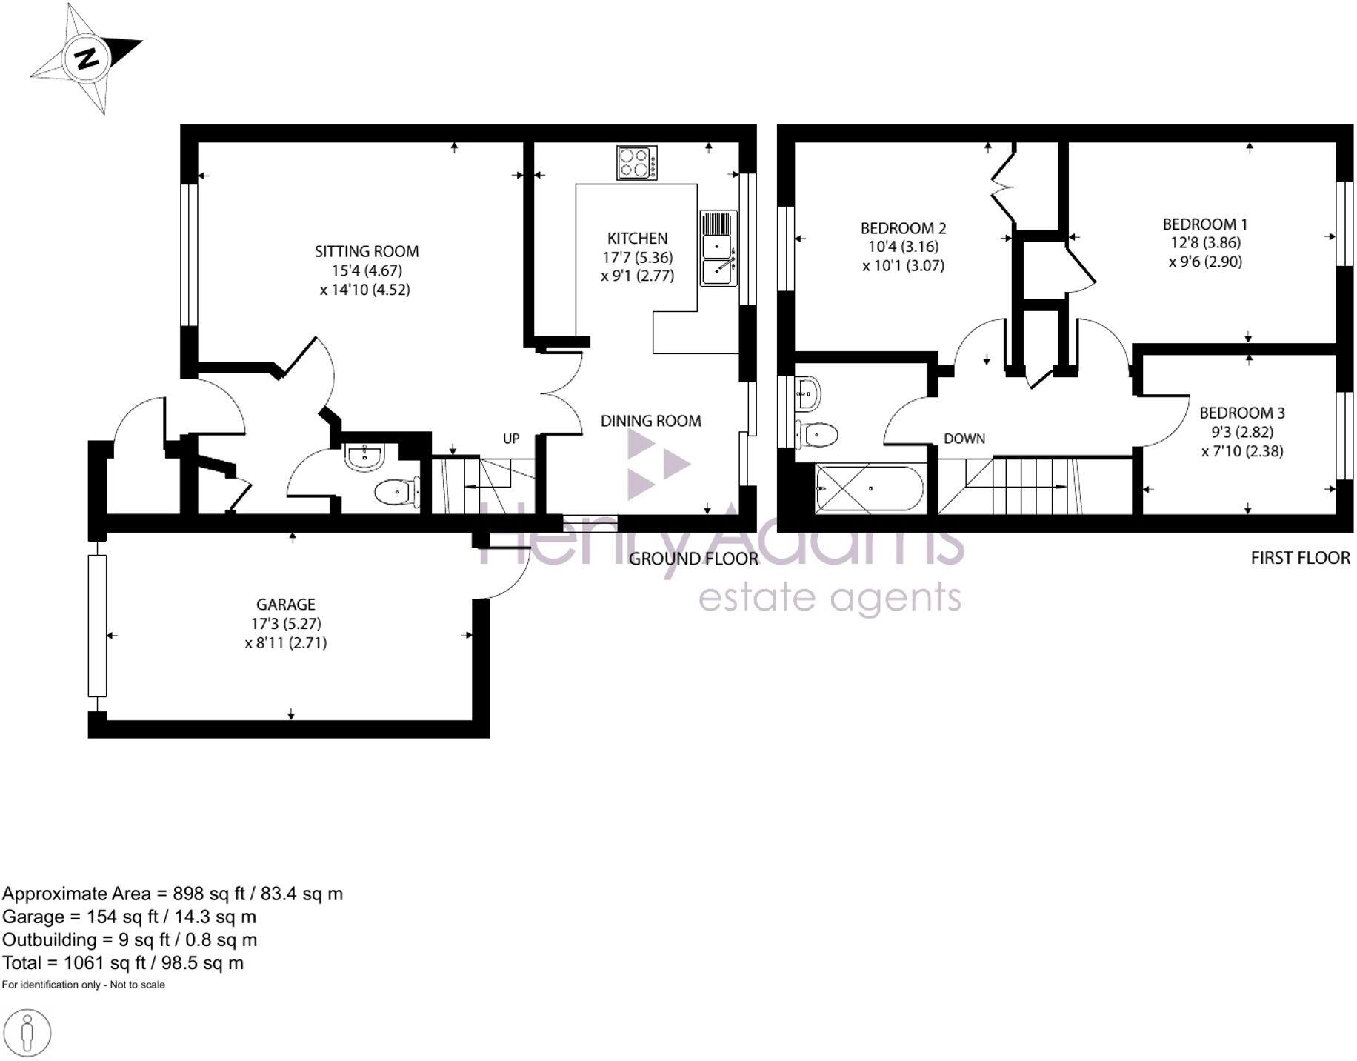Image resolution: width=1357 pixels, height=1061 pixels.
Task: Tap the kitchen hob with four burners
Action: (x=637, y=163)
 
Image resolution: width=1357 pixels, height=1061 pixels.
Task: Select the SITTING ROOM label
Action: (x=367, y=251)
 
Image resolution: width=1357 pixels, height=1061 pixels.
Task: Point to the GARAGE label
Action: (x=286, y=605)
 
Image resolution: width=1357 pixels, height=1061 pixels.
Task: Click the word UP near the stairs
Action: (x=511, y=439)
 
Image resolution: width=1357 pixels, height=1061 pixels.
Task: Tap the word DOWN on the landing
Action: (x=964, y=439)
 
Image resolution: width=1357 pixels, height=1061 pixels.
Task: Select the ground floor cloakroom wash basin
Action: (x=364, y=457)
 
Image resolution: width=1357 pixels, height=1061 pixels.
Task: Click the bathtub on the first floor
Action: (x=870, y=489)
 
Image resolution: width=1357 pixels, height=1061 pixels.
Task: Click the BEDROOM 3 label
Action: (x=1242, y=413)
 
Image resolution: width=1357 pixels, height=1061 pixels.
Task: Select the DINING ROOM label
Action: (x=650, y=421)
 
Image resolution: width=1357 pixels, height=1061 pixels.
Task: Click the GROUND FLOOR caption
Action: (x=693, y=559)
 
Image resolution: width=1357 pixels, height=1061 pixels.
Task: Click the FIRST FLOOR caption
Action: (x=1300, y=558)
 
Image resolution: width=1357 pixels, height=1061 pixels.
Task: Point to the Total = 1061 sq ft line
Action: (x=123, y=962)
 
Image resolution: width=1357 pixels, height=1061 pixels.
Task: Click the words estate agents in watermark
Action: (x=830, y=598)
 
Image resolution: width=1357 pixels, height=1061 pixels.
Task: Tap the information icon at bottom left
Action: (x=27, y=1033)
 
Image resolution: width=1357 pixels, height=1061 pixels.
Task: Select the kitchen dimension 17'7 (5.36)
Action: (x=637, y=257)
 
